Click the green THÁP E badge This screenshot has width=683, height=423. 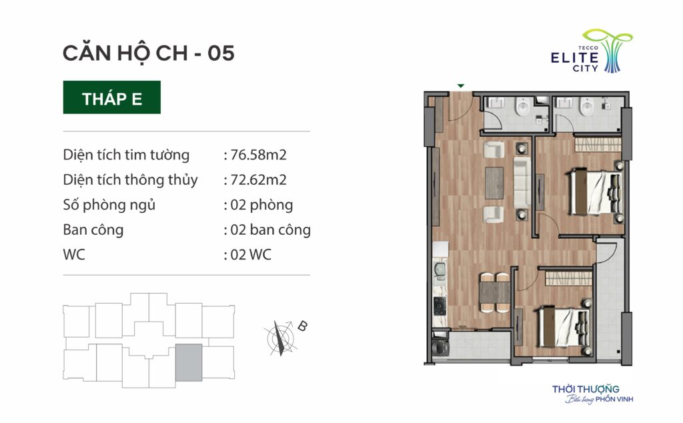111,97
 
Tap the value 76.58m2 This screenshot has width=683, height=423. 258,155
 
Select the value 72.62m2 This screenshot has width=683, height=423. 258,179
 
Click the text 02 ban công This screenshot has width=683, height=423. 270,230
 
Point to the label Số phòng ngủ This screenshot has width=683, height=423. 109,205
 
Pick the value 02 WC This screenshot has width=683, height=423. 251,254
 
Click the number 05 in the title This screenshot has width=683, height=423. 221,53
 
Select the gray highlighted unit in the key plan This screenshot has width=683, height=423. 189,362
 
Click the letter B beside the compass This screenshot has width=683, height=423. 302,326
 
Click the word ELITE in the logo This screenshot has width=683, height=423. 574,58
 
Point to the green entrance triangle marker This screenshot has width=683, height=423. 461,86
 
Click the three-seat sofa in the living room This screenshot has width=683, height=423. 522,183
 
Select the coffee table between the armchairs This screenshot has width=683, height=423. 494,183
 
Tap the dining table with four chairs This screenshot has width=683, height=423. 494,292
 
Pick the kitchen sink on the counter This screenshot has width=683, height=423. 439,270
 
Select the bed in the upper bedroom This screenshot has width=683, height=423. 594,192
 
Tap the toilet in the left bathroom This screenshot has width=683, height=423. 522,107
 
